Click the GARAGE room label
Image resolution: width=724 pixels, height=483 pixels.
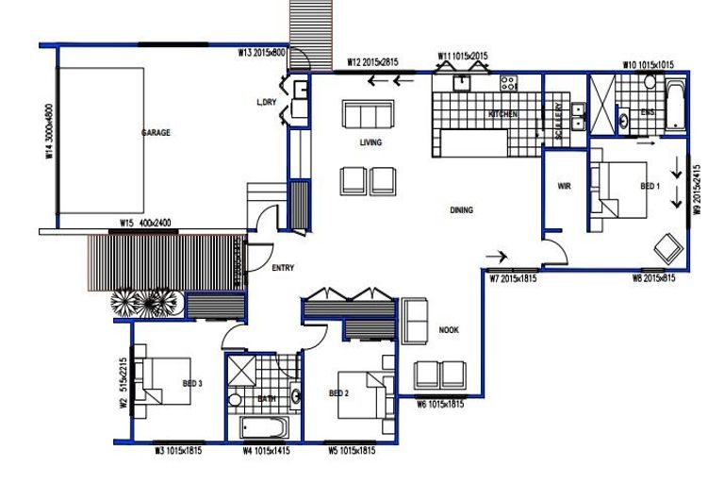(x=156, y=133)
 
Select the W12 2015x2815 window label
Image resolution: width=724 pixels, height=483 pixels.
(x=372, y=62)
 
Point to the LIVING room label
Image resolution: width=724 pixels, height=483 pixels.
(x=370, y=143)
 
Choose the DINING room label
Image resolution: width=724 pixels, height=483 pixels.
(x=461, y=210)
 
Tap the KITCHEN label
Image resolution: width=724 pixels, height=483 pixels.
(x=502, y=115)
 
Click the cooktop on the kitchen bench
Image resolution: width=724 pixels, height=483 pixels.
(x=508, y=83)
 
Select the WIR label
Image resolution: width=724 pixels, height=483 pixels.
(x=565, y=186)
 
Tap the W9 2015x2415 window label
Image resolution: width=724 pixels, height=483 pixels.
(x=698, y=192)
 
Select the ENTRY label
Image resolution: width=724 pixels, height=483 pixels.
(x=283, y=269)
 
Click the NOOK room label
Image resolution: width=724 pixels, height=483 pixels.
(x=448, y=330)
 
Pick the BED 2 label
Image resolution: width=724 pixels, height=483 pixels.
(x=339, y=392)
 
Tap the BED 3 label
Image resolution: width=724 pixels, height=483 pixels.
(x=193, y=384)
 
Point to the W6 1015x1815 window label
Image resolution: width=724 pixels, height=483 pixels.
(x=440, y=404)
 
